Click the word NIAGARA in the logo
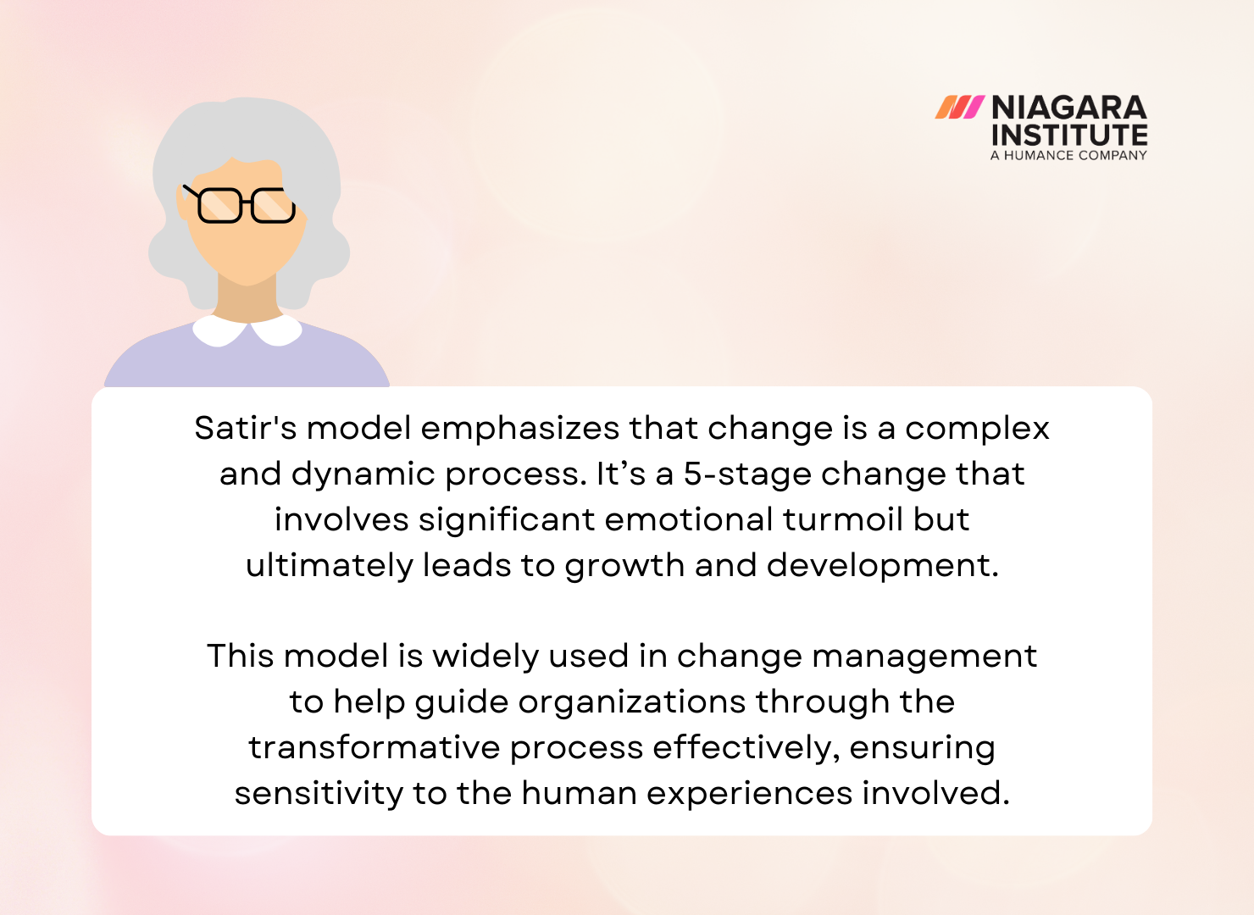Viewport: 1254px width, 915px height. (x=1068, y=108)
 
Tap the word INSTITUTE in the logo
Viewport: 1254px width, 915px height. (x=1068, y=135)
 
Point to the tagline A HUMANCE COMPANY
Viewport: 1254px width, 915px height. (x=1068, y=156)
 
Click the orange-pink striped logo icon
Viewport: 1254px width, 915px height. (x=959, y=108)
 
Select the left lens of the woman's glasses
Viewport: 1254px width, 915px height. (x=219, y=206)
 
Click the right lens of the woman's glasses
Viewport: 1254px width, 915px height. (x=272, y=206)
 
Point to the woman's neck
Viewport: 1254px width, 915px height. (x=247, y=298)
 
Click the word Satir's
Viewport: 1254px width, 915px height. (x=246, y=428)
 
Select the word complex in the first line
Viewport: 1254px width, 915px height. (x=977, y=429)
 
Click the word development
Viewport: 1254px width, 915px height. (x=882, y=566)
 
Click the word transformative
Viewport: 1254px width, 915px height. (x=374, y=747)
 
